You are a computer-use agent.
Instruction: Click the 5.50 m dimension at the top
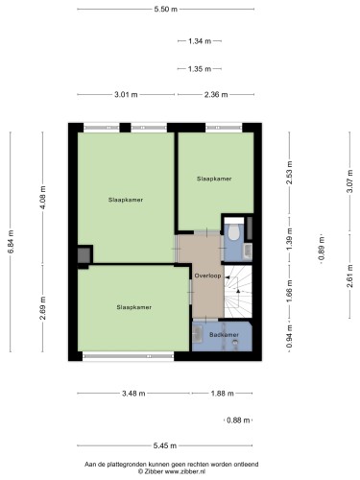(x=165, y=9)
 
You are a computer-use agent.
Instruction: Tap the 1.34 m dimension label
(x=200, y=41)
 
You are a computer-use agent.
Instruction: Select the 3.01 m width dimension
(x=126, y=94)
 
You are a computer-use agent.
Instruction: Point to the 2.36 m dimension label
(x=216, y=94)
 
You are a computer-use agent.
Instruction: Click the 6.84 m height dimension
(x=11, y=242)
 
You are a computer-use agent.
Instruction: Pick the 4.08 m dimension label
(x=43, y=198)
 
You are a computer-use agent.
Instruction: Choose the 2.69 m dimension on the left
(x=43, y=308)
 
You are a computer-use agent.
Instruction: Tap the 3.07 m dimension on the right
(x=349, y=181)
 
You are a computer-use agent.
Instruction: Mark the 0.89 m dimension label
(x=322, y=249)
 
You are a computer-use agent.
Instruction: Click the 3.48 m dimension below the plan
(x=133, y=394)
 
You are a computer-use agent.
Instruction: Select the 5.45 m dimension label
(x=165, y=445)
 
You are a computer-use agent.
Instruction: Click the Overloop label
(x=208, y=276)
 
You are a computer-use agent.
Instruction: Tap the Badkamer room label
(x=224, y=335)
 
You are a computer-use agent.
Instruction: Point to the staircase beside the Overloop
(x=238, y=291)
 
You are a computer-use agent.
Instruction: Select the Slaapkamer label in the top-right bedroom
(x=214, y=179)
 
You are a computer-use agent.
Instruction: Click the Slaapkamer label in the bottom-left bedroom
(x=134, y=307)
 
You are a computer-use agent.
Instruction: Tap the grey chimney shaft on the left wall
(x=84, y=255)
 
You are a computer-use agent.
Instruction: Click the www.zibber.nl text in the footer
(x=185, y=471)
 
